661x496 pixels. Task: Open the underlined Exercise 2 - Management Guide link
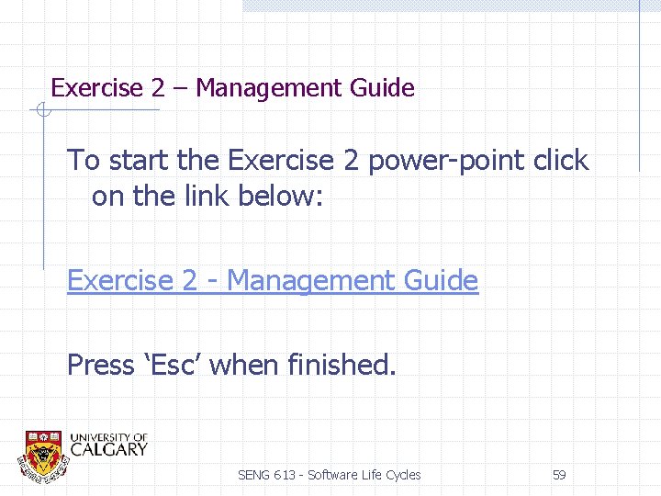(x=273, y=280)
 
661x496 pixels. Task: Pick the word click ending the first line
(x=560, y=161)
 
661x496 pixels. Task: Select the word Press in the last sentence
(x=100, y=365)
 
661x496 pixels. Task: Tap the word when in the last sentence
(x=245, y=365)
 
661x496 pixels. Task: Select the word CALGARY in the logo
(x=108, y=450)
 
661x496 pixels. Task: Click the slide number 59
(x=558, y=475)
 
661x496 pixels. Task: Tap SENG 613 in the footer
(x=267, y=475)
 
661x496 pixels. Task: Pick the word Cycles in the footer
(x=402, y=475)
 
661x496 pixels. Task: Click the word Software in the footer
(x=333, y=475)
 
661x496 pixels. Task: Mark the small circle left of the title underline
(x=41, y=111)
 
